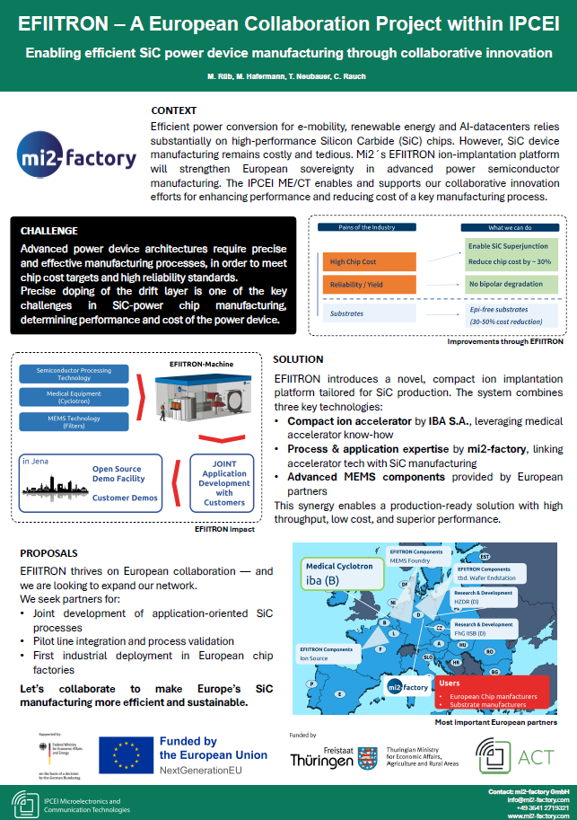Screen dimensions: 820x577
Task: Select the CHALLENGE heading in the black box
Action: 48,231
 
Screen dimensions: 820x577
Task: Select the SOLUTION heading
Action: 300,359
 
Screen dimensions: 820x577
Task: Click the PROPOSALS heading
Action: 48,552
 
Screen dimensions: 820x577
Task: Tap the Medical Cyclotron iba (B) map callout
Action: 336,574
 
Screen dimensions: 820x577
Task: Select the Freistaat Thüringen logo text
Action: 322,756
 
